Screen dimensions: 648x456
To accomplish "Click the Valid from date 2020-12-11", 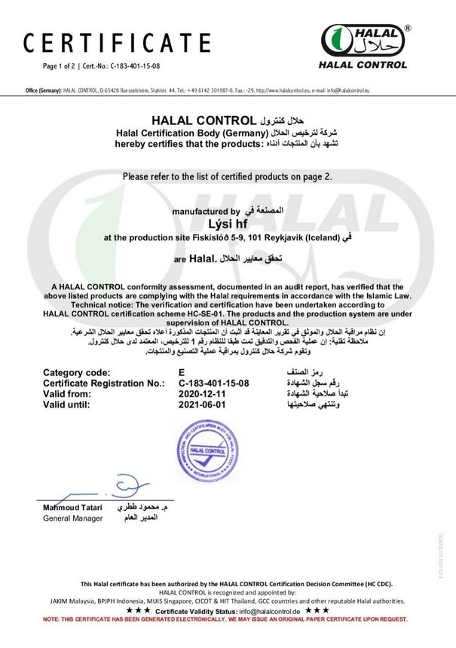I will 197,393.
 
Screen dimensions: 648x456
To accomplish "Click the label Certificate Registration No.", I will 104,383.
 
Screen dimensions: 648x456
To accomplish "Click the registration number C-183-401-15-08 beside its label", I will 213,383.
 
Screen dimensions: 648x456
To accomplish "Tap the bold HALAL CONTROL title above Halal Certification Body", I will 201,120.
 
